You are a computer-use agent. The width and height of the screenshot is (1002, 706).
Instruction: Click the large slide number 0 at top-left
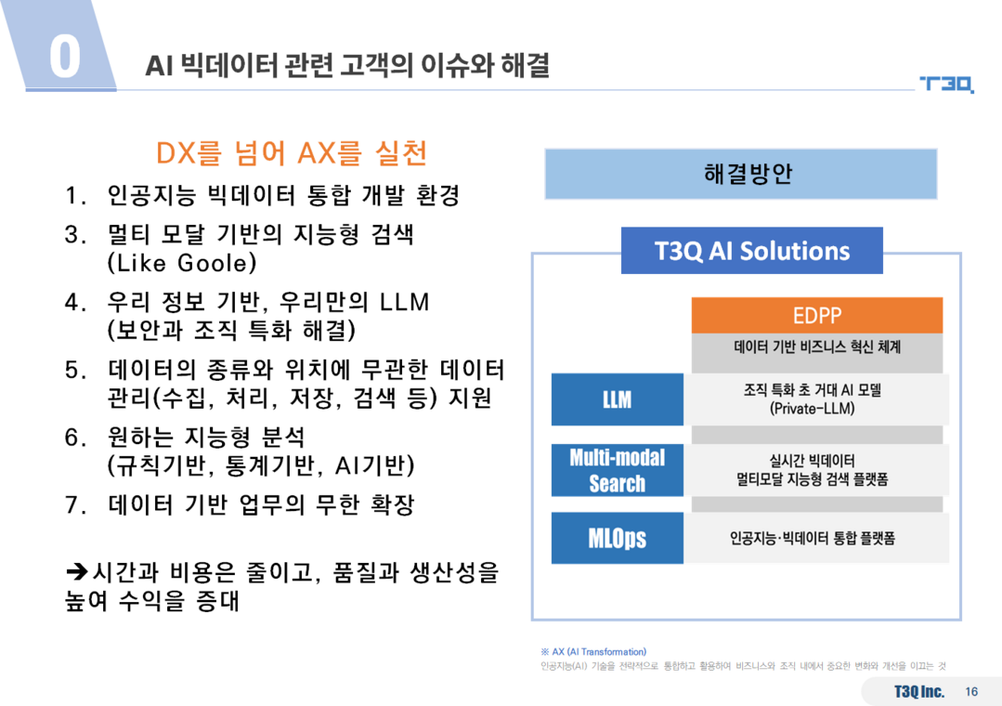pos(65,57)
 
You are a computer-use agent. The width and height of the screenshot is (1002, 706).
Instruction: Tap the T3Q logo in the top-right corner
pos(946,84)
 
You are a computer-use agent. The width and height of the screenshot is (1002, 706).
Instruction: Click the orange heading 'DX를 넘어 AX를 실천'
pos(292,153)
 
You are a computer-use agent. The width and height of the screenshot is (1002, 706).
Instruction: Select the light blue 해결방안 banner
pos(741,174)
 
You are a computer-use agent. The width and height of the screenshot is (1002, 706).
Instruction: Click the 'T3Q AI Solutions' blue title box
pos(752,251)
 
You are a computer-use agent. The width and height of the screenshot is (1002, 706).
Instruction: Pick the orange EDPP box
pos(816,315)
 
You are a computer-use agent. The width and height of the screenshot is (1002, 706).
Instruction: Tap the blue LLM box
pos(618,399)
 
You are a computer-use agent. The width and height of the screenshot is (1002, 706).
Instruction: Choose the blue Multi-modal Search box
pos(618,470)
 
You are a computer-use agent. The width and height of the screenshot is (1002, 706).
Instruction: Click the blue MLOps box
pos(618,538)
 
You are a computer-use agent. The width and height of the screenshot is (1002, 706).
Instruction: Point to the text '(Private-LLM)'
pos(813,409)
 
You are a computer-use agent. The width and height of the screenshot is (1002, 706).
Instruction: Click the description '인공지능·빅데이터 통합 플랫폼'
pos(813,538)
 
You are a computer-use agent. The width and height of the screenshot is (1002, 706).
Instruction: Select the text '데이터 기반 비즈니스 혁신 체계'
pos(817,346)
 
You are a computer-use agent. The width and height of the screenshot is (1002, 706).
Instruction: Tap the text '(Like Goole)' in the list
pos(182,263)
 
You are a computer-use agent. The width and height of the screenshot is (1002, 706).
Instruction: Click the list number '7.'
pos(75,505)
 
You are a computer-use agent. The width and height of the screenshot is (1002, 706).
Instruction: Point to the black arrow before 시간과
pos(77,571)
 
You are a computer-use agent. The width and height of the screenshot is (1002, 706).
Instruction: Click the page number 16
pos(971,691)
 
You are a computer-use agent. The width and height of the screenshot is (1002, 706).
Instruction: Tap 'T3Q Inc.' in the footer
pos(919,691)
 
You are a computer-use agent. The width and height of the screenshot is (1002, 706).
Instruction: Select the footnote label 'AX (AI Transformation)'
pos(599,651)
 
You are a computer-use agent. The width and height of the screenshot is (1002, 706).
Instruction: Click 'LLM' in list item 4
pos(405,302)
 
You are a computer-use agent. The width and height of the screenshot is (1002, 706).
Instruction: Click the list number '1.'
pos(75,196)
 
